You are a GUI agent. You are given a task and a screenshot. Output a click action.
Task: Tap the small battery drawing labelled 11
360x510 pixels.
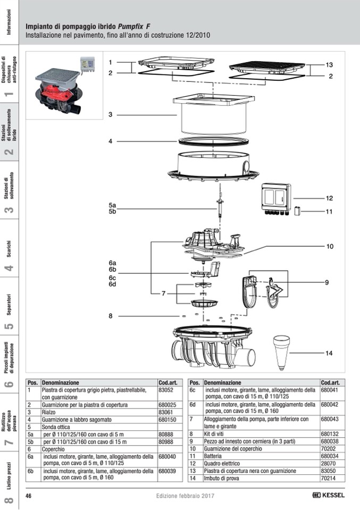[298, 211]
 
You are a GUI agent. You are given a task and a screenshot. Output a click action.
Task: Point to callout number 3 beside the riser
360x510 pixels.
[110, 114]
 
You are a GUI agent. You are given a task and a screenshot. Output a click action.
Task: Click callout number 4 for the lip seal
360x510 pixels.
[110, 141]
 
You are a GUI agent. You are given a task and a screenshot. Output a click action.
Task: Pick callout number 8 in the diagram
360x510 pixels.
[110, 316]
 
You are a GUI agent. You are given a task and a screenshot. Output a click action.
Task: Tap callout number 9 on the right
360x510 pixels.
[327, 282]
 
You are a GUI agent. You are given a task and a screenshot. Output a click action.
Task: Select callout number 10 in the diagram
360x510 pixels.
[330, 246]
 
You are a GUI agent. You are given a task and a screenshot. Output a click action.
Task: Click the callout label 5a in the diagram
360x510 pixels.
[112, 205]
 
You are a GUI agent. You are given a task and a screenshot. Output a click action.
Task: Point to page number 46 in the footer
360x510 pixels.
[29, 496]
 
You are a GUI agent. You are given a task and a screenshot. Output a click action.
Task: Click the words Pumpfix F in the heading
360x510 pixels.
[134, 26]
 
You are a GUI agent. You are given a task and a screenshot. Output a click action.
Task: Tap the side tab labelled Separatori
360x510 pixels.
[9, 304]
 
